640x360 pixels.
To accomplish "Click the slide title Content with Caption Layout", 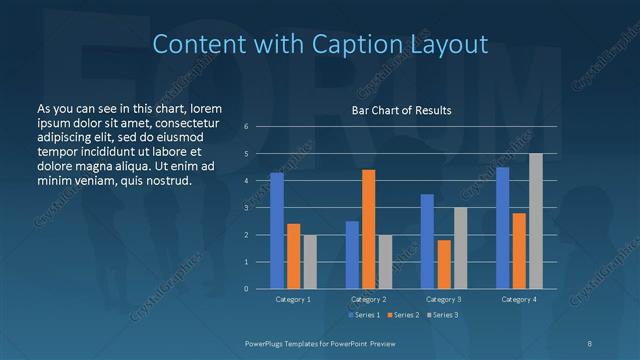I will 320,44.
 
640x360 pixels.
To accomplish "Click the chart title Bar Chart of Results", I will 400,110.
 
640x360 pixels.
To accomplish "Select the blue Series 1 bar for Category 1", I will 277,231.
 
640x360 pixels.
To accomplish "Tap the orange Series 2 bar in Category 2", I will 368,229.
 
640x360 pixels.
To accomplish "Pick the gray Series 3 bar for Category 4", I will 536,221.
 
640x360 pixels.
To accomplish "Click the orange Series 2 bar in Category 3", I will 443,264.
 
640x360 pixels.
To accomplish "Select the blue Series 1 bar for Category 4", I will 503,228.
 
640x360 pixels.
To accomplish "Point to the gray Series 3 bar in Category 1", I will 309,262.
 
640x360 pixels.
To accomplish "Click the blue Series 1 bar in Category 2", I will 352,255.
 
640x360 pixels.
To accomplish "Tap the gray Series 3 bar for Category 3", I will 460,248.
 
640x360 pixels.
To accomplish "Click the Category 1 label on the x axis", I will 293,299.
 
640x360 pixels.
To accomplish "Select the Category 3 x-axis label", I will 443,299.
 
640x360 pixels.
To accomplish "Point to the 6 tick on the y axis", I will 246,127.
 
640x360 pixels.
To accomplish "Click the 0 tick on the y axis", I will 246,289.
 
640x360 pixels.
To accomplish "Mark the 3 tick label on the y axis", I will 246,208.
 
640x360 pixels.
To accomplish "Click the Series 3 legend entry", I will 442,315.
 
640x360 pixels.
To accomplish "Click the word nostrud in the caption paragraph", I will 167,181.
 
